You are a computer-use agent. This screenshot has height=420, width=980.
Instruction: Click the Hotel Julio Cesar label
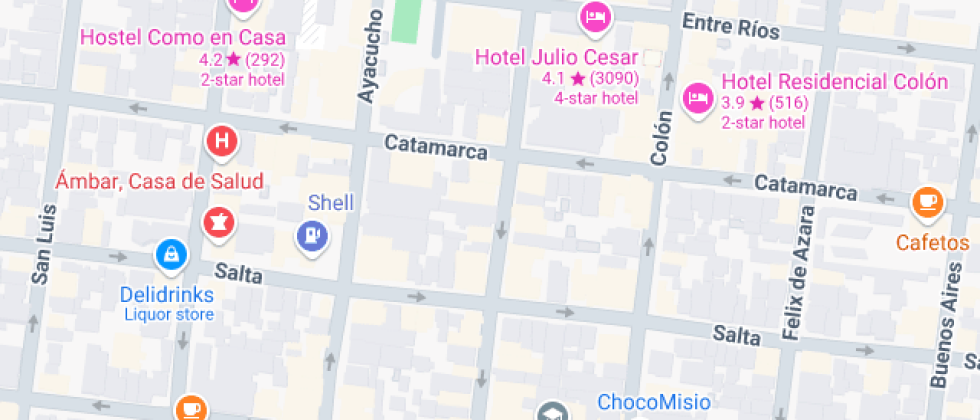pos(556,56)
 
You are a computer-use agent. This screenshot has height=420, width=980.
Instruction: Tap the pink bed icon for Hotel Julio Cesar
pos(595,16)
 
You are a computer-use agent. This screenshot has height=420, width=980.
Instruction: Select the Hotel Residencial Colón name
pos(834,81)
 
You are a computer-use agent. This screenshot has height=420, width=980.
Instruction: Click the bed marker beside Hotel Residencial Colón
pos(696,97)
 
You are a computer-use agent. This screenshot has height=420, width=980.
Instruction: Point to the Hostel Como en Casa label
pos(182,38)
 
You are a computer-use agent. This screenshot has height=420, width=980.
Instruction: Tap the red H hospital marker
pos(221,142)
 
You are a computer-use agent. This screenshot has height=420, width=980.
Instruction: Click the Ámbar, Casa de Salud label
pos(160,181)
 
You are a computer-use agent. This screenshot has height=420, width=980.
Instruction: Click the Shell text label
pos(331,203)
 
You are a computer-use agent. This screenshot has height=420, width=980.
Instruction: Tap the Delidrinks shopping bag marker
pos(171,255)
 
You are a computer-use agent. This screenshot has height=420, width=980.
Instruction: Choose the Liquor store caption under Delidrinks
pos(169,315)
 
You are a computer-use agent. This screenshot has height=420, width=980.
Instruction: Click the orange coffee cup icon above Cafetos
pos(927,202)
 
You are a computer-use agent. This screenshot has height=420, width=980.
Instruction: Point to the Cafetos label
pos(932,243)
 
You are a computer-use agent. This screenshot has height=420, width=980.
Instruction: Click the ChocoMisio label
pos(654,403)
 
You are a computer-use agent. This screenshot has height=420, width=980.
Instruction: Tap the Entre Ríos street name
pos(729,26)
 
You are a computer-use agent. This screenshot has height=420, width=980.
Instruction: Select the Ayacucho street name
pos(370,55)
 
